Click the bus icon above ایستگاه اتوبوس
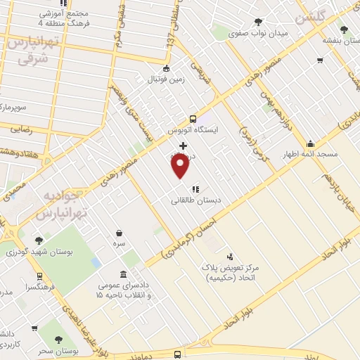[x=193, y=118]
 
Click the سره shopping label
[x=120, y=243]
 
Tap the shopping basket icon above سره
[x=120, y=232]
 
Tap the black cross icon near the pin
[x=184, y=145]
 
